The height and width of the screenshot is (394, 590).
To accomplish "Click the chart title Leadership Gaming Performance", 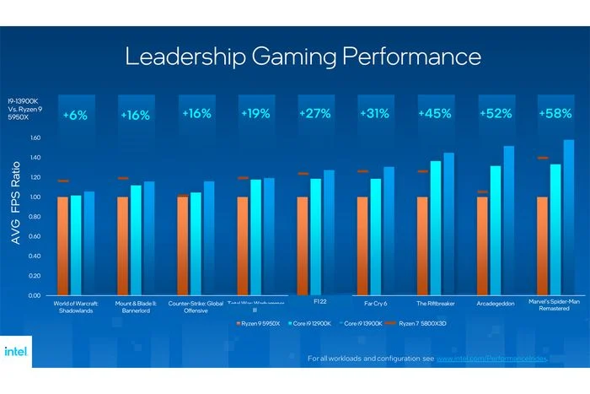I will (x=303, y=57).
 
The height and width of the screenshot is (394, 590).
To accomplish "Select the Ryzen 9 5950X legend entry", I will (x=257, y=323).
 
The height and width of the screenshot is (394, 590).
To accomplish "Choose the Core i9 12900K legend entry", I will (x=308, y=323).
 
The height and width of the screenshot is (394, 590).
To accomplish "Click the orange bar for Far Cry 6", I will (x=362, y=246).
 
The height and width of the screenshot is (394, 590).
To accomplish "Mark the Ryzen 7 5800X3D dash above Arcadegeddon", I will (x=483, y=192).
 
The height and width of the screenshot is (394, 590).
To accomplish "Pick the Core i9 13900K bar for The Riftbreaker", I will (x=448, y=224).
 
